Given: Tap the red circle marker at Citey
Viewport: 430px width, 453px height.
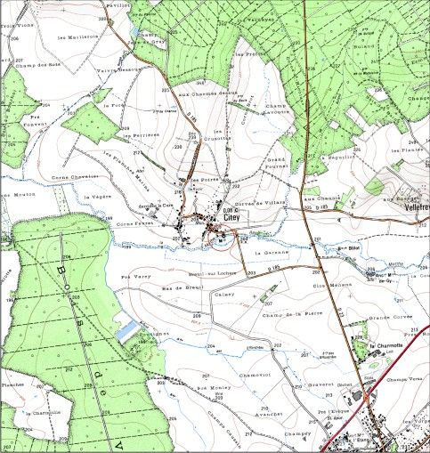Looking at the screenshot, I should (220, 238).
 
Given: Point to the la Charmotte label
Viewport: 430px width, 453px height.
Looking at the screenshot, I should (386, 345).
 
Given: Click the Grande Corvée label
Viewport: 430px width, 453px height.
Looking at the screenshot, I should (387, 317).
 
